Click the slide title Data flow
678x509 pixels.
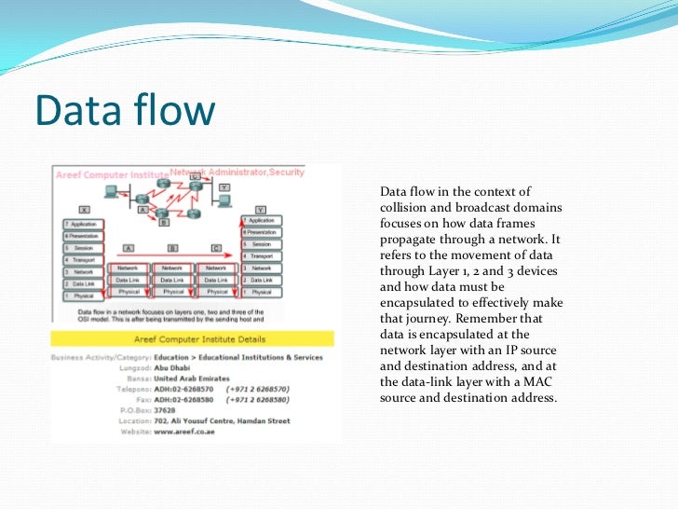[125, 111]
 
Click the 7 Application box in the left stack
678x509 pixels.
[84, 225]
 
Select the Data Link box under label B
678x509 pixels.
[172, 279]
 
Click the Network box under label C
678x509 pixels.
[215, 268]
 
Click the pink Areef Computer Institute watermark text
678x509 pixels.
[112, 174]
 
